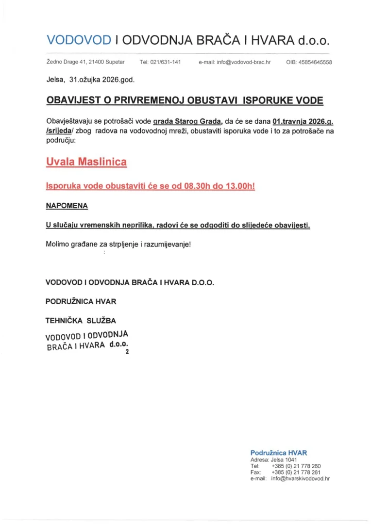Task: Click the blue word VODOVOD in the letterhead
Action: pyautogui.click(x=79, y=40)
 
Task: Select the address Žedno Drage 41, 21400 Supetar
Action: pyautogui.click(x=85, y=63)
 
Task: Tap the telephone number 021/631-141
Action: pyautogui.click(x=160, y=63)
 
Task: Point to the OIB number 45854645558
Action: pyautogui.click(x=309, y=63)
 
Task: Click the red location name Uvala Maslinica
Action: pyautogui.click(x=86, y=161)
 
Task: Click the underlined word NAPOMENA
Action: pyautogui.click(x=67, y=206)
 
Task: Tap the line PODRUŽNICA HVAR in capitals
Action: pyautogui.click(x=81, y=301)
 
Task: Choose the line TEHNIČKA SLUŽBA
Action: pyautogui.click(x=81, y=320)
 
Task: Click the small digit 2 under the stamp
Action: pyautogui.click(x=127, y=353)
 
